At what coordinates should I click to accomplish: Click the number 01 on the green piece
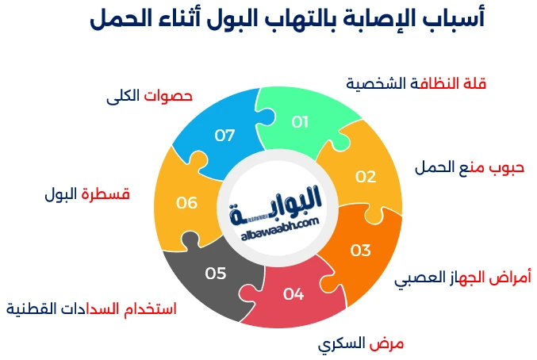(x=300, y=121)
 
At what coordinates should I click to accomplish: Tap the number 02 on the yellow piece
(x=365, y=177)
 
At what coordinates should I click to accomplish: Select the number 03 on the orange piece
(x=361, y=251)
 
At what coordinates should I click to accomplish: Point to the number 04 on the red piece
(x=293, y=294)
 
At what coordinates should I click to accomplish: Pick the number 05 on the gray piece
(x=216, y=274)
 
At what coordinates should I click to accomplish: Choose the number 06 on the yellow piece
(x=187, y=203)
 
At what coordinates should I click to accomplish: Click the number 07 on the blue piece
(x=225, y=136)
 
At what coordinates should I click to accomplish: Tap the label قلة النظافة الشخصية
(x=416, y=83)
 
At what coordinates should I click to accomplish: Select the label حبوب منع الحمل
(x=470, y=168)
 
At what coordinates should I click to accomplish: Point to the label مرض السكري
(x=361, y=343)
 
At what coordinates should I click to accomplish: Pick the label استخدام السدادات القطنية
(x=91, y=308)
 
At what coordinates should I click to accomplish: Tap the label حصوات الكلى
(x=149, y=96)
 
